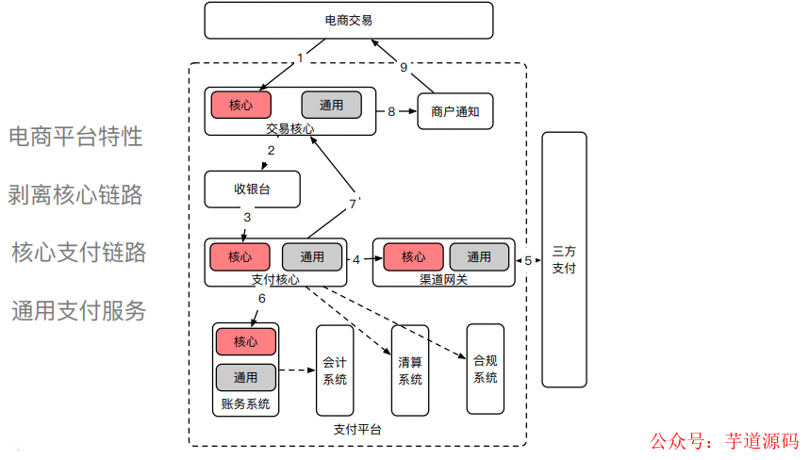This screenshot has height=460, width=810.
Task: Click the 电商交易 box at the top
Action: [348, 20]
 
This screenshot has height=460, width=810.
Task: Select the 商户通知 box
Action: [455, 111]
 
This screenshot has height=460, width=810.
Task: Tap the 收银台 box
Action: [252, 189]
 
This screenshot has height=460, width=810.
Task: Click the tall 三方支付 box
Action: [564, 260]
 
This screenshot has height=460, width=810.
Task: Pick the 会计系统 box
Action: [335, 370]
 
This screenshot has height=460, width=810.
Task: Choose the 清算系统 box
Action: [409, 370]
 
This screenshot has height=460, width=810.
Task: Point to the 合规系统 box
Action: [485, 369]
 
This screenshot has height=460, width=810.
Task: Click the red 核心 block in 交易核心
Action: [240, 105]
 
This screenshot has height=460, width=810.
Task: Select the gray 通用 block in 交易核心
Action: [331, 105]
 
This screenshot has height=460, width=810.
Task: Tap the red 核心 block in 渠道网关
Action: [413, 256]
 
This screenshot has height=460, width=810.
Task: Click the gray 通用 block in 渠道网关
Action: [479, 256]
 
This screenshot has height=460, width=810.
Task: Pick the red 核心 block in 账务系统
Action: [245, 340]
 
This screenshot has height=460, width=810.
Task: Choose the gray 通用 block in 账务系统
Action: [245, 377]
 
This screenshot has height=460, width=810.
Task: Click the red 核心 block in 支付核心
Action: [240, 256]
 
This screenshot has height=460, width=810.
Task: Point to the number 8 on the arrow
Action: [391, 111]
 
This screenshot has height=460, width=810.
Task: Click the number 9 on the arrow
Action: [404, 67]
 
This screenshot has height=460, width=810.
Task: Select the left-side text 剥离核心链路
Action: [75, 195]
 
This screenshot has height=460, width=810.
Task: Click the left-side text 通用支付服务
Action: [79, 311]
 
